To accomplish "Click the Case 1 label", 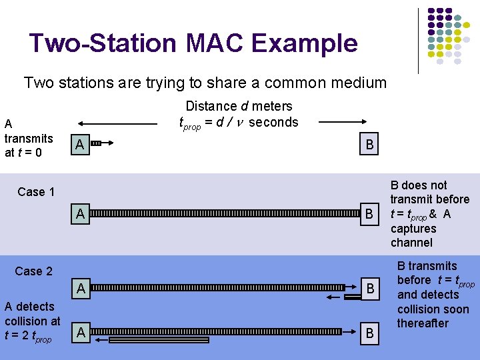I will click(36, 192).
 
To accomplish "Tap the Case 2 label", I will click(33, 271).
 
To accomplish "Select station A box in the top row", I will click(79, 145).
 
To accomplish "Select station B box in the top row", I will click(368, 145).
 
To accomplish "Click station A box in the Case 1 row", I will click(80, 215).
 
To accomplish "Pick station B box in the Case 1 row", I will click(368, 215).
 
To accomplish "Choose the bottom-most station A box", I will click(80, 332).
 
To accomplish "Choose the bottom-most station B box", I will click(368, 332).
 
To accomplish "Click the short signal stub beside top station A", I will click(96, 143).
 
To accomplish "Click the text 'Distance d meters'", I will click(239, 106).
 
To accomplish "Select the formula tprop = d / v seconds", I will click(239, 122).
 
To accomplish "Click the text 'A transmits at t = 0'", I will click(28, 138).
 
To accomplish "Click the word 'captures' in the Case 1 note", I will click(413, 229).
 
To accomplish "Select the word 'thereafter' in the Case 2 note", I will click(423, 323).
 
